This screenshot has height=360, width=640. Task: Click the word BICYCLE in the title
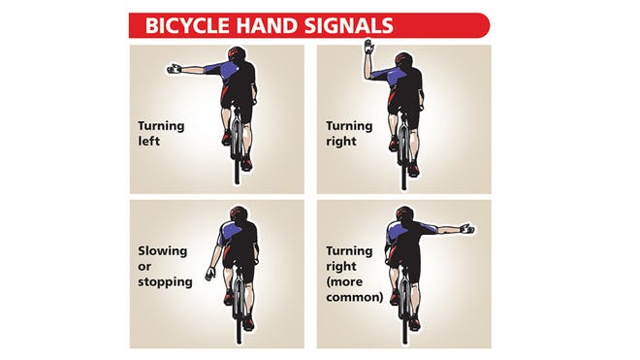(x=189, y=25)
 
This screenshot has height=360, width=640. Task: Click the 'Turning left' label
(x=161, y=133)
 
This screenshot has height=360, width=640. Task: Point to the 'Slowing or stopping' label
(x=165, y=267)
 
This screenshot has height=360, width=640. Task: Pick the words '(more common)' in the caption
(x=355, y=289)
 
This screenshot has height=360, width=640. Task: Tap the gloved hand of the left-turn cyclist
(x=175, y=69)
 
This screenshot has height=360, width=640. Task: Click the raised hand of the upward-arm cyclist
(x=369, y=47)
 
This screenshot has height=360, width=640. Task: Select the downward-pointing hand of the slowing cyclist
(x=210, y=273)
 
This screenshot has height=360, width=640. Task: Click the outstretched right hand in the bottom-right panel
(x=467, y=228)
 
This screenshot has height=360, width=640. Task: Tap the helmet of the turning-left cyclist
(x=238, y=53)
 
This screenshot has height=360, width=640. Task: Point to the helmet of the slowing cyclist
(x=239, y=213)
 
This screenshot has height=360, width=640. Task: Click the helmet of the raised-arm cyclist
(x=404, y=59)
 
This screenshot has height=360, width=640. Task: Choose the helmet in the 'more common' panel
(x=405, y=213)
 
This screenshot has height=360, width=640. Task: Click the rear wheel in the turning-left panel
(x=238, y=148)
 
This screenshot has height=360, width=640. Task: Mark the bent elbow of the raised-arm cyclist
(x=368, y=77)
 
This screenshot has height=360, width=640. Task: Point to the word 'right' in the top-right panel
(x=341, y=142)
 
